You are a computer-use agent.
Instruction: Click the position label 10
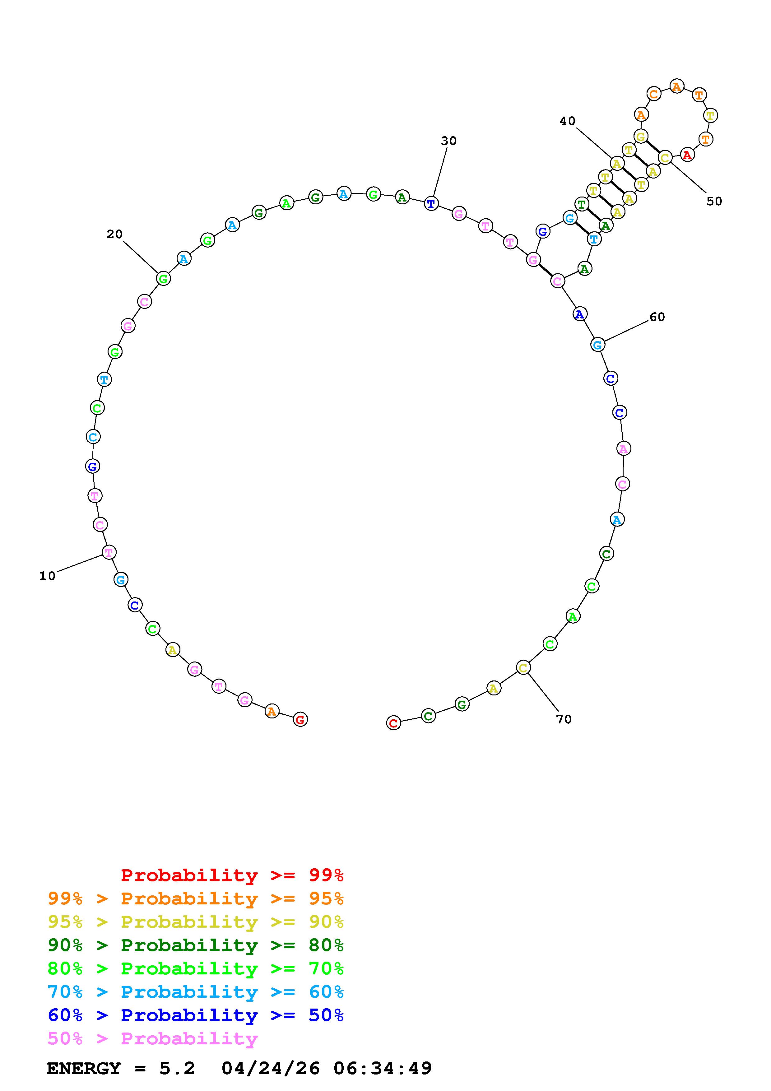[48, 576]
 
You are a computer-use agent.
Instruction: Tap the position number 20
[114, 234]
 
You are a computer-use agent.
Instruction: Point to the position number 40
[567, 121]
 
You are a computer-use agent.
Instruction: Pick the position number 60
[657, 317]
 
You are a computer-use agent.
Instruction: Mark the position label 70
[564, 719]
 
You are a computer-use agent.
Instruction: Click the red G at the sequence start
[300, 719]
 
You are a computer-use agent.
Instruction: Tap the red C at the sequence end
[393, 723]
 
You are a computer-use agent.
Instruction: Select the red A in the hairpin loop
[687, 155]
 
